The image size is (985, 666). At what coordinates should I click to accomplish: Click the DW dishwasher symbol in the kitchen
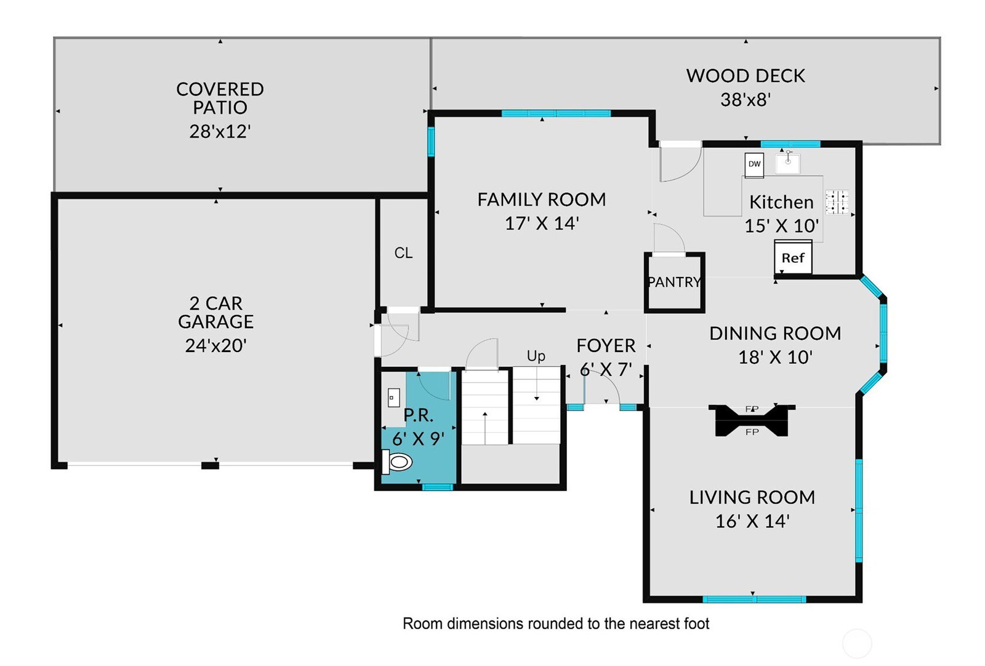(754, 165)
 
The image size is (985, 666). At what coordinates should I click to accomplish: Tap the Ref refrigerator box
(793, 257)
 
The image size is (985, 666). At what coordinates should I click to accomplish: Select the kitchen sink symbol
(788, 162)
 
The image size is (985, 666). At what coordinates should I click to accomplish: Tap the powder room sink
(393, 398)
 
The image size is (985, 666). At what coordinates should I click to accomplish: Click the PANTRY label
(675, 282)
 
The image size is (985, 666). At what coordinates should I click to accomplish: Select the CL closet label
(403, 253)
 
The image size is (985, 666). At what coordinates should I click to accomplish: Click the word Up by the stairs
(536, 356)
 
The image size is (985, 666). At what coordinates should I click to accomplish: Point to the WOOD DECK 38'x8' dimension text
(746, 100)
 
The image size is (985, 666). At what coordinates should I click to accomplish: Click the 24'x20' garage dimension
(215, 345)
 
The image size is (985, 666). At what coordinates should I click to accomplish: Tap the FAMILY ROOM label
(542, 199)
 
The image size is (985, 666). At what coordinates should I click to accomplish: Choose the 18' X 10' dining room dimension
(775, 357)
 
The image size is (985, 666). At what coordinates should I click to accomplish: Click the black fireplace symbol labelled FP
(752, 420)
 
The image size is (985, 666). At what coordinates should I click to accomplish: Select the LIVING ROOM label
(752, 497)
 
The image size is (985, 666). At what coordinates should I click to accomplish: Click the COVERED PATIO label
(220, 98)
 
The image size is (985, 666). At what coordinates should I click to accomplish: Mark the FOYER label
(606, 345)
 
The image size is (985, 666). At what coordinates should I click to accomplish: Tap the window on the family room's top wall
(556, 113)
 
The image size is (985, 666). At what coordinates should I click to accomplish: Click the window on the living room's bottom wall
(754, 599)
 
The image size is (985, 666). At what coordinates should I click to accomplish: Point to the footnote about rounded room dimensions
(556, 624)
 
